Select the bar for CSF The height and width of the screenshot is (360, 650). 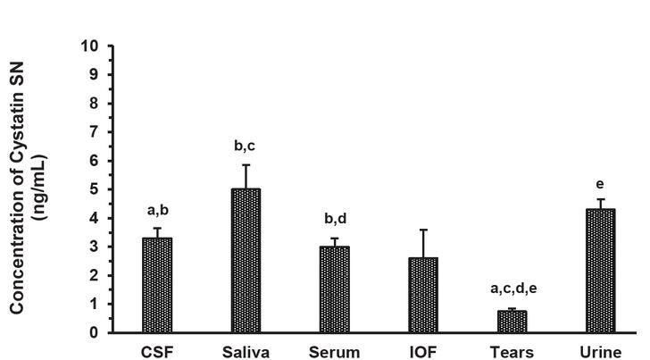(157, 285)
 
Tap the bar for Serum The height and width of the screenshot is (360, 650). (334, 289)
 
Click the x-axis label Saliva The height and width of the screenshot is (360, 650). (246, 352)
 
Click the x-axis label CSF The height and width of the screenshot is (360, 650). (157, 352)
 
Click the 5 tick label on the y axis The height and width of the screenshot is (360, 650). (96, 189)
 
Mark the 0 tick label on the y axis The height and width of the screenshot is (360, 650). (96, 333)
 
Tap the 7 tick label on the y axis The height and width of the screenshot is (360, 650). (96, 132)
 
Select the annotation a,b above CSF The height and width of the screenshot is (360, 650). (157, 212)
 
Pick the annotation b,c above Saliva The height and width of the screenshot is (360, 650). (246, 146)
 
